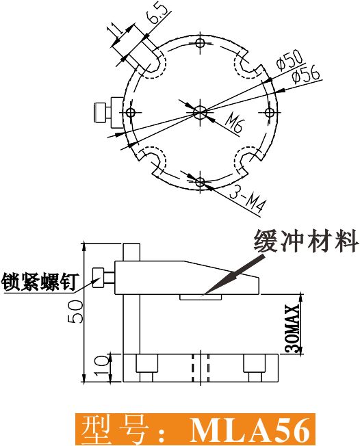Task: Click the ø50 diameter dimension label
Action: [x=290, y=60]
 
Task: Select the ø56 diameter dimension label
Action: [x=306, y=75]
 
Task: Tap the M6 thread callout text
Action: [x=234, y=124]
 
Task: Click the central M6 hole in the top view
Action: [x=200, y=112]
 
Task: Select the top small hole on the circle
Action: [x=201, y=42]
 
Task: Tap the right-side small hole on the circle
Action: [x=269, y=113]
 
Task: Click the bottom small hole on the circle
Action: [x=201, y=182]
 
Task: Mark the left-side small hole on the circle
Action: [x=131, y=113]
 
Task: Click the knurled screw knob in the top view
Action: [x=100, y=113]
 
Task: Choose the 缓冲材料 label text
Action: [x=306, y=241]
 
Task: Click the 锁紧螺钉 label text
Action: [x=39, y=282]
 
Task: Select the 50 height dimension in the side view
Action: [x=75, y=311]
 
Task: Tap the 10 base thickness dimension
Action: [x=101, y=367]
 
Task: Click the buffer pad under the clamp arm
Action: [x=201, y=298]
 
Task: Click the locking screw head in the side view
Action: [x=99, y=278]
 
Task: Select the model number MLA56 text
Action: [x=250, y=430]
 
